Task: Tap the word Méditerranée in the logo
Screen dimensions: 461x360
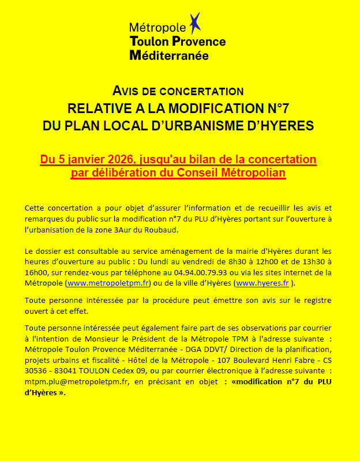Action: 169,55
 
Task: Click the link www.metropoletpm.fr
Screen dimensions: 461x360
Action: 108,283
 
